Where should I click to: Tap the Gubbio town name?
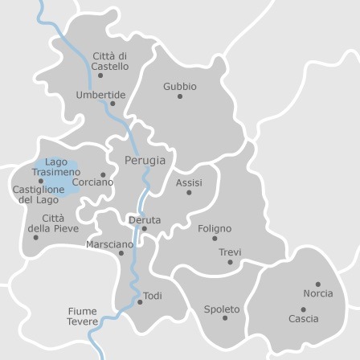(179, 86)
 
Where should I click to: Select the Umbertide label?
(100, 94)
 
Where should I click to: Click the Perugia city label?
(145, 160)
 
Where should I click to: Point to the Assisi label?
(189, 182)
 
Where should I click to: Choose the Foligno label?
(214, 228)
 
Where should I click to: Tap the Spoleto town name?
(222, 309)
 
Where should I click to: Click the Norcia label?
(318, 294)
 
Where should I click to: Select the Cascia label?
(304, 319)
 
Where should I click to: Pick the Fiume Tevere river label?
(81, 315)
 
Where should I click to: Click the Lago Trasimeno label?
(55, 167)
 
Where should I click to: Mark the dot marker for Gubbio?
(180, 96)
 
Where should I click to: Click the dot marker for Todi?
(140, 302)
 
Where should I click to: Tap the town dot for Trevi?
(230, 262)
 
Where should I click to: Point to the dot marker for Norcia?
(318, 284)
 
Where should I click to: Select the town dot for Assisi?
(190, 193)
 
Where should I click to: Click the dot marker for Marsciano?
(121, 253)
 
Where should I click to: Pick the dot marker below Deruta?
(145, 229)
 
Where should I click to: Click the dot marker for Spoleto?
(224, 318)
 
